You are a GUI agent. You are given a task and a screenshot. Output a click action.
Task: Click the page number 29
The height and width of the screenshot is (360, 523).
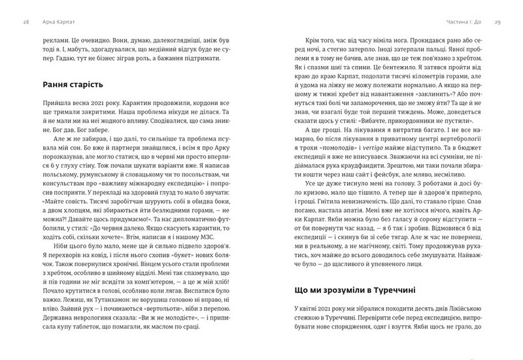498,22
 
